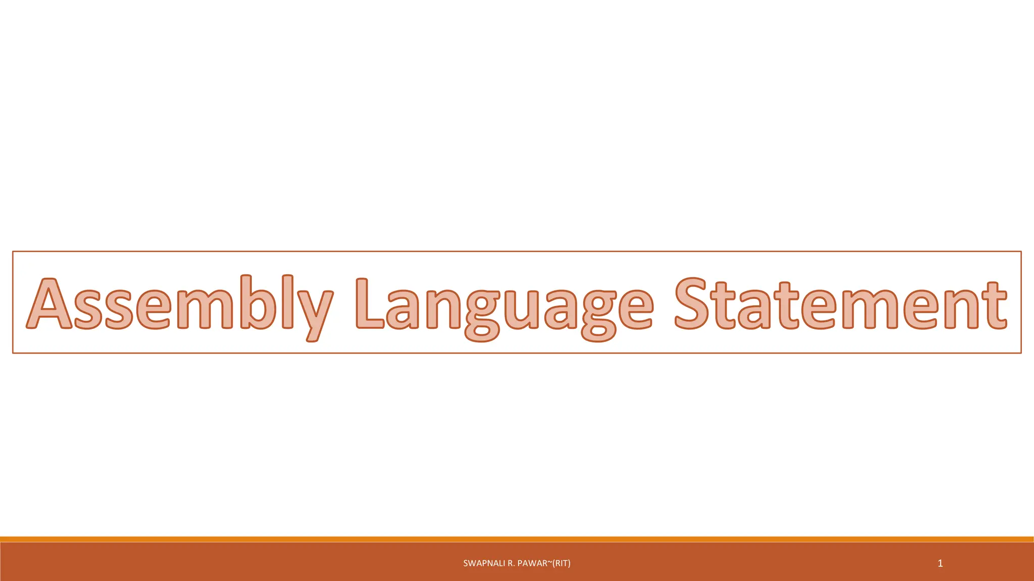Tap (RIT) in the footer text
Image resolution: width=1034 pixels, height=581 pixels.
coord(561,563)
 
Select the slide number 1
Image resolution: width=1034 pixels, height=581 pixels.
coord(940,563)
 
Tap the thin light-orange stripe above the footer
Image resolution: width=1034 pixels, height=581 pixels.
coord(517,539)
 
